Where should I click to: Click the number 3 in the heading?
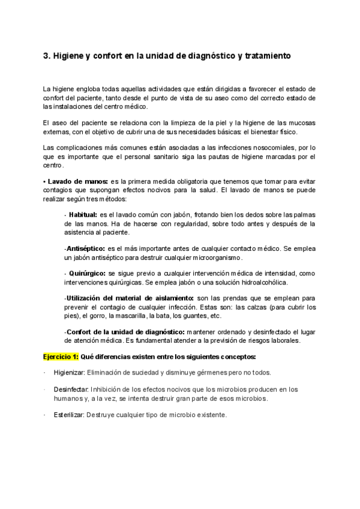point(46,56)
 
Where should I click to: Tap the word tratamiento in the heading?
point(264,56)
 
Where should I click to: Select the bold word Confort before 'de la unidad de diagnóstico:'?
point(79,332)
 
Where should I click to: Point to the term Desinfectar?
point(71,390)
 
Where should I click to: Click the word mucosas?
point(302,122)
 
